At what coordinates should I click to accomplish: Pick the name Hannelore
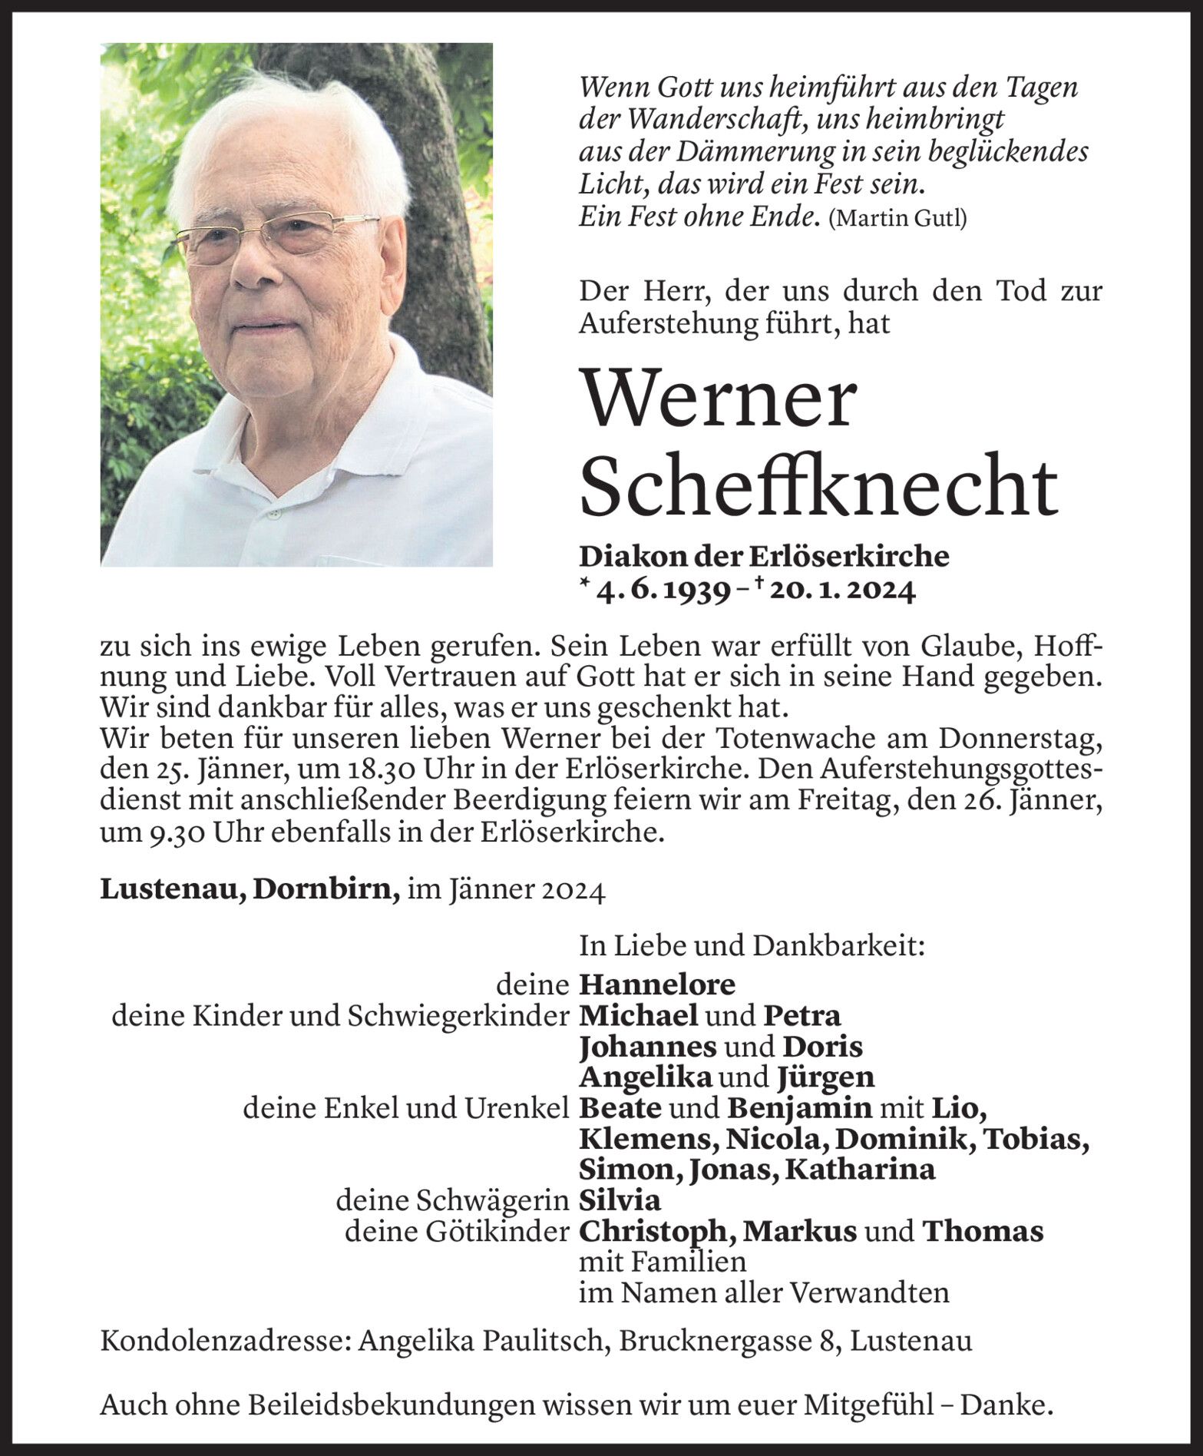[x=657, y=984]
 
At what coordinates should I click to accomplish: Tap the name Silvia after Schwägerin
[x=620, y=1200]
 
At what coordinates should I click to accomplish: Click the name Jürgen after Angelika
[x=826, y=1077]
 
